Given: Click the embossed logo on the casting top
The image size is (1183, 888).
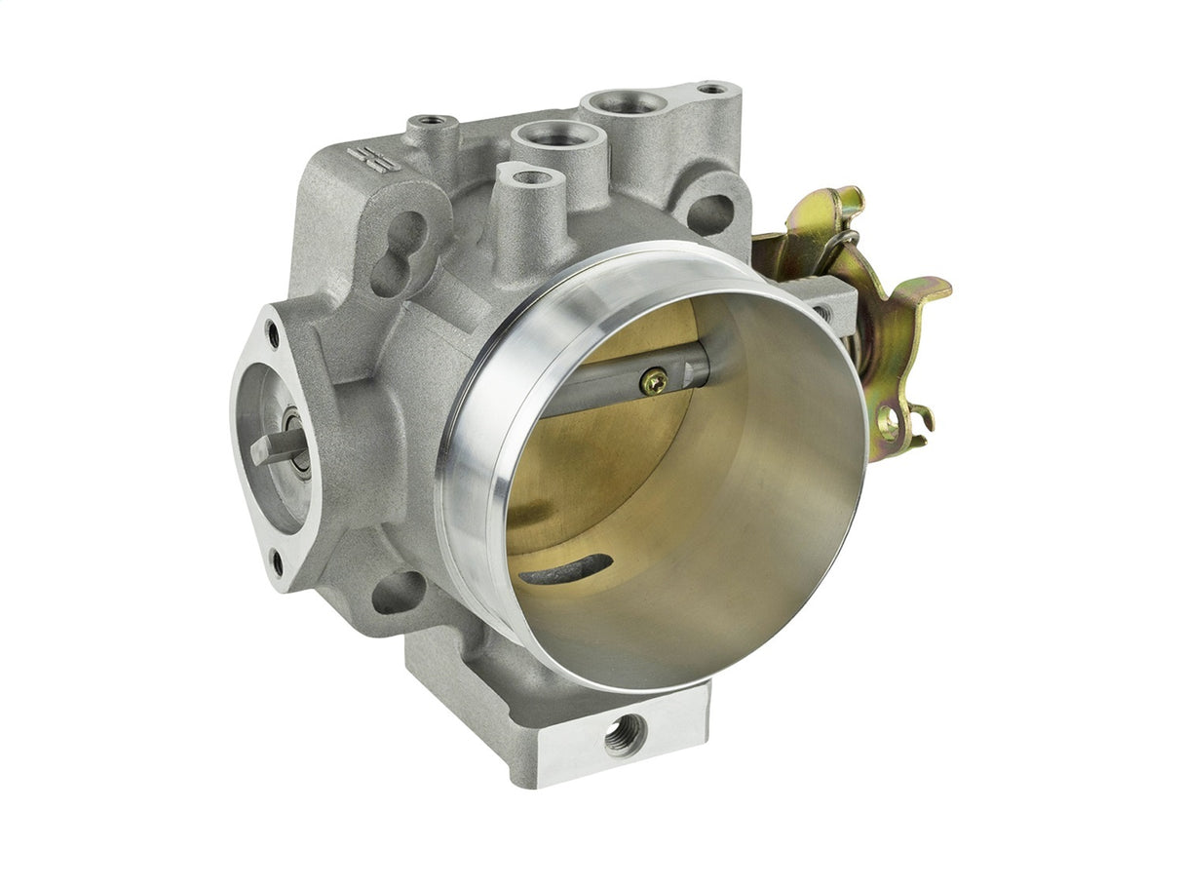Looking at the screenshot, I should coord(368,159).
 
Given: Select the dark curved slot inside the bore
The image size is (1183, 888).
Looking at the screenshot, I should coord(566,569).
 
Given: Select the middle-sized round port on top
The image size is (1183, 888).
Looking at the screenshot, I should coord(554,135).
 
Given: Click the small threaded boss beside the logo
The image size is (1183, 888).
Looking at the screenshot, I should coord(432,124).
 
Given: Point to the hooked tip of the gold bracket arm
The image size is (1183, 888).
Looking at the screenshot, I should coord(937,287).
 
